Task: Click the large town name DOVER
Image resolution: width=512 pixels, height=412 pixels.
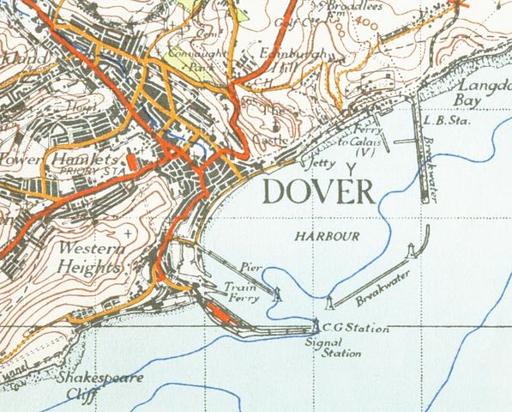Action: (x=318, y=191)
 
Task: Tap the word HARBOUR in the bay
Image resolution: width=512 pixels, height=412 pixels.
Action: (x=324, y=234)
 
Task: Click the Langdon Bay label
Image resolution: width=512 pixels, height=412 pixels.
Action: (x=483, y=94)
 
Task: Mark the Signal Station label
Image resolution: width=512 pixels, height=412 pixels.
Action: (x=334, y=348)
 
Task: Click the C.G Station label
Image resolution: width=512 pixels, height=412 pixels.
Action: (x=355, y=328)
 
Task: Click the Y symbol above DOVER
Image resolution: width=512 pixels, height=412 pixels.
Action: (x=349, y=166)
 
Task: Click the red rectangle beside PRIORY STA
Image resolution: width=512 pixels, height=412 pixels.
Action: (x=131, y=160)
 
